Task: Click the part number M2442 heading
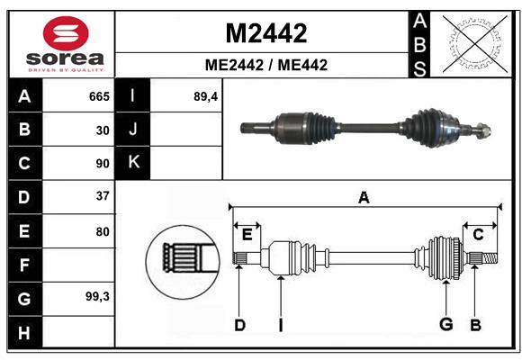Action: [x=265, y=33]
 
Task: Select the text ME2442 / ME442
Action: [x=265, y=65]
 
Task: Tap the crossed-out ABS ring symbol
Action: [x=472, y=42]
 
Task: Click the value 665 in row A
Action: [x=98, y=96]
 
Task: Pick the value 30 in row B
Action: [x=103, y=130]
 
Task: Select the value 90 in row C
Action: [x=103, y=164]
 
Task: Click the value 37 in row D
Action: [x=103, y=196]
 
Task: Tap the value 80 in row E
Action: [x=103, y=231]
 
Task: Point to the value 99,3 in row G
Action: [x=97, y=295]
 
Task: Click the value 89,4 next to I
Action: [x=206, y=96]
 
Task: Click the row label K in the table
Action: [x=133, y=163]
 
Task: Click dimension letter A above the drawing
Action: [x=364, y=198]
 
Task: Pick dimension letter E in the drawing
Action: [x=247, y=235]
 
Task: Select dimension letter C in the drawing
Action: [x=478, y=235]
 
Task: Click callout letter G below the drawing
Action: [x=445, y=324]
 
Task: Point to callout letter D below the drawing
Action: [x=239, y=325]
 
